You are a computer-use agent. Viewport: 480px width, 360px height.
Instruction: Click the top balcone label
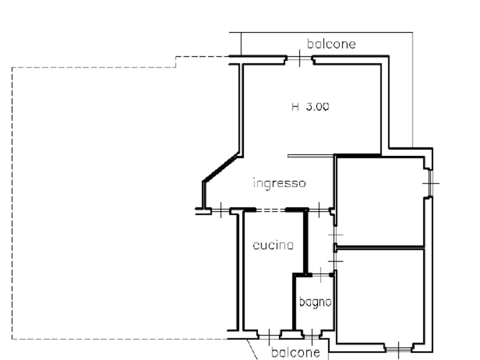(x=331, y=44)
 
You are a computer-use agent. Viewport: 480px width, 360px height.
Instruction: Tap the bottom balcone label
(x=296, y=352)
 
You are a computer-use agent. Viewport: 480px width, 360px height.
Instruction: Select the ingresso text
(x=279, y=183)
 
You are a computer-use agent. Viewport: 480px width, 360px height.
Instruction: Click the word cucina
(x=273, y=245)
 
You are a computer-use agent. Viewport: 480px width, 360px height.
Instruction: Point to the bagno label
(x=315, y=302)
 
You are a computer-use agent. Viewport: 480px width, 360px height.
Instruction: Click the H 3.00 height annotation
(x=310, y=107)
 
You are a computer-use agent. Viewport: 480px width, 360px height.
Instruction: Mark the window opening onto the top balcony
(x=300, y=58)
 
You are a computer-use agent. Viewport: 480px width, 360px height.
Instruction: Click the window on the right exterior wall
(x=430, y=183)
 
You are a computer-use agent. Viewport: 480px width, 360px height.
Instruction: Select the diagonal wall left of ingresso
(x=220, y=167)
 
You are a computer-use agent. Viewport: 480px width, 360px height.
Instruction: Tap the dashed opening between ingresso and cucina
(x=270, y=210)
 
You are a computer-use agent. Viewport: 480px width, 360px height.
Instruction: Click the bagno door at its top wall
(x=321, y=275)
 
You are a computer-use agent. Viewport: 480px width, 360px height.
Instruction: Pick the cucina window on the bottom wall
(x=269, y=337)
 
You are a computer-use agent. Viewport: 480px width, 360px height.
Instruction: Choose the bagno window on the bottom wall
(x=312, y=337)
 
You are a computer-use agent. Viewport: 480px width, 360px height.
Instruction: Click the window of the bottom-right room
(x=398, y=349)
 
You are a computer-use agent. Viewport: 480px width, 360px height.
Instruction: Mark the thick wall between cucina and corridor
(x=306, y=242)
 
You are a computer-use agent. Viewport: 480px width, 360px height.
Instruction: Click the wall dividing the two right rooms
(x=381, y=247)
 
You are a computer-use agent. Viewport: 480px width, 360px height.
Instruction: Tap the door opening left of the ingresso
(x=220, y=210)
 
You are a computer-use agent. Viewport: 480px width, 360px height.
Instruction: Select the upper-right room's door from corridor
(x=336, y=235)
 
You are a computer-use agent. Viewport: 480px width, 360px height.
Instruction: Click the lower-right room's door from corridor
(x=336, y=261)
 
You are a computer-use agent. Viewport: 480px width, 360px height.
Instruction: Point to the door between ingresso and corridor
(x=319, y=210)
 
